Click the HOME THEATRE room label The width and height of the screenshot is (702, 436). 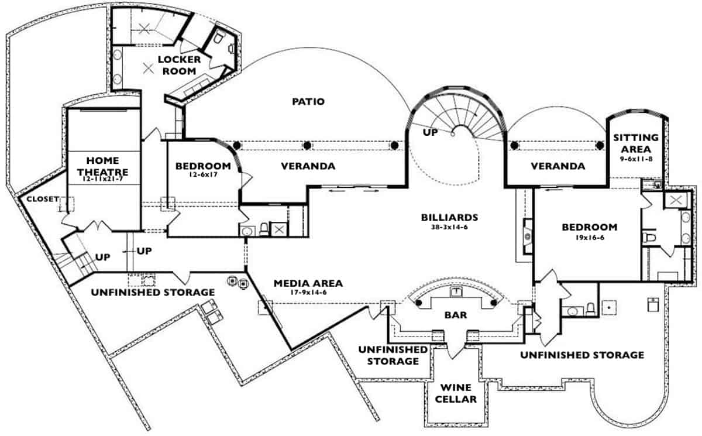pyautogui.click(x=102, y=165)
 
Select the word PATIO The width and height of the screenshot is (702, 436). pyautogui.click(x=308, y=101)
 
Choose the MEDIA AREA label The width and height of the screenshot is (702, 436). pyautogui.click(x=308, y=283)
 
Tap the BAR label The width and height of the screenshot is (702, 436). pyautogui.click(x=456, y=315)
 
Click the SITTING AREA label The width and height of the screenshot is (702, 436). pyautogui.click(x=636, y=143)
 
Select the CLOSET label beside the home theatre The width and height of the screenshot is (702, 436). pyautogui.click(x=40, y=199)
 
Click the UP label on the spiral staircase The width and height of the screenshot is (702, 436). pyautogui.click(x=431, y=132)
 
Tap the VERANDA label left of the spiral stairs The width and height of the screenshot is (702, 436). pyautogui.click(x=308, y=166)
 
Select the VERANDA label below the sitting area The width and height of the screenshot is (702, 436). pyautogui.click(x=558, y=166)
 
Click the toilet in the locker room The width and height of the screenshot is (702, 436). pyautogui.click(x=218, y=39)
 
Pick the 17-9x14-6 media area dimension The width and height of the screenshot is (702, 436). pyautogui.click(x=308, y=293)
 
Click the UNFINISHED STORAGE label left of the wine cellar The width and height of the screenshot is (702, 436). pyautogui.click(x=393, y=355)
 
